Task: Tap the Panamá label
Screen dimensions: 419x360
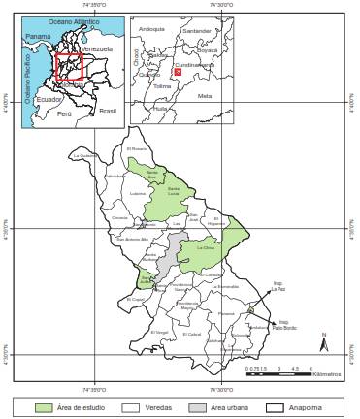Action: point(38,36)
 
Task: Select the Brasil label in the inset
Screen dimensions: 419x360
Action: point(107,112)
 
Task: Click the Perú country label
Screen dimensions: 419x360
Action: point(65,113)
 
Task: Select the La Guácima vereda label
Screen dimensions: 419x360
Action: point(88,155)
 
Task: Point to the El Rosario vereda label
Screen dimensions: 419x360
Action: point(136,148)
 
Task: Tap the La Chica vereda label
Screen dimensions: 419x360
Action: point(206,247)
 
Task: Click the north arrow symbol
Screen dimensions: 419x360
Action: point(326,345)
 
